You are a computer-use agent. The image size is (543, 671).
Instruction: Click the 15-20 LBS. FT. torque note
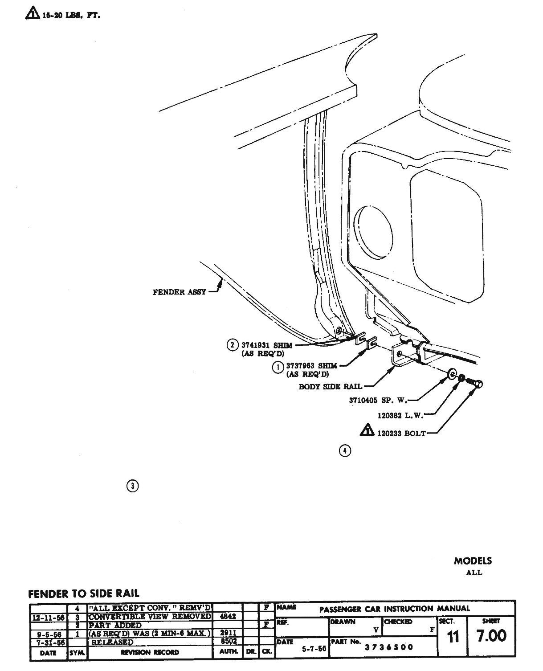[71, 16]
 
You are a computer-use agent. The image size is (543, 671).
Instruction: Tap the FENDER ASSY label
[179, 292]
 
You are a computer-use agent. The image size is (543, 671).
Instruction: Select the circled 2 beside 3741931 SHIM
[233, 345]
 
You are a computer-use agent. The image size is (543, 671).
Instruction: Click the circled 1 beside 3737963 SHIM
[278, 367]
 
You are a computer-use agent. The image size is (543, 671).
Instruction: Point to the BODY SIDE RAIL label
[330, 387]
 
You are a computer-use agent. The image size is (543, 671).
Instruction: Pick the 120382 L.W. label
[399, 416]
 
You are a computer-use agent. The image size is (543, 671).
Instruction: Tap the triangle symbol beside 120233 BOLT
[367, 431]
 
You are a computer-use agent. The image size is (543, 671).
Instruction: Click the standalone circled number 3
[133, 486]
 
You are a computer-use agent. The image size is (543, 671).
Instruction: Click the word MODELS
[473, 561]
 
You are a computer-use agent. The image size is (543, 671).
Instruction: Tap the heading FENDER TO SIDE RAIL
[83, 593]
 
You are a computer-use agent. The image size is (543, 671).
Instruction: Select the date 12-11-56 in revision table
[48, 618]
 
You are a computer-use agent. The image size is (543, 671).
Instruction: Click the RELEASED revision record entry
[112, 642]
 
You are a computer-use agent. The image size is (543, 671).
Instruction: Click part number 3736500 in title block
[389, 647]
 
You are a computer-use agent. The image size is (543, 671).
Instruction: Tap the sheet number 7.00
[491, 636]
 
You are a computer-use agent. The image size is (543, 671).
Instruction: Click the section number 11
[453, 637]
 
